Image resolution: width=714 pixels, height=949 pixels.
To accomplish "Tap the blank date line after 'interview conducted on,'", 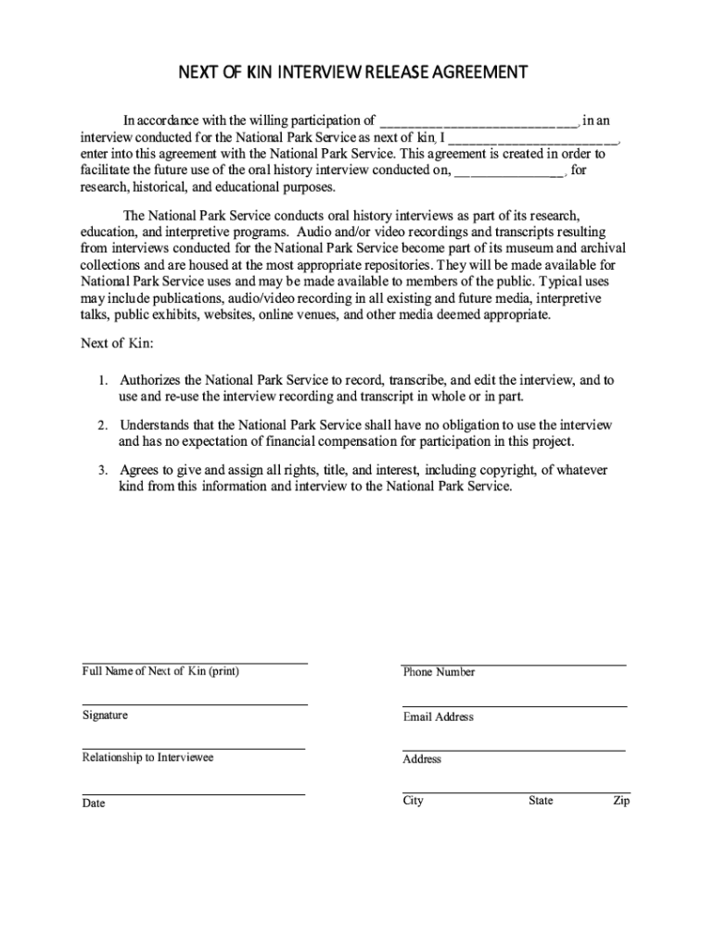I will pyautogui.click(x=509, y=172).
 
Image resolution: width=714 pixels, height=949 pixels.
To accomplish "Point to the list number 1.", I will pyautogui.click(x=104, y=381).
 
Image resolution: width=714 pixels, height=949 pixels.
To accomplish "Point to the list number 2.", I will pyautogui.click(x=104, y=425).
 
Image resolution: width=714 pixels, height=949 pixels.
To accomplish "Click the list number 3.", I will pyautogui.click(x=104, y=470).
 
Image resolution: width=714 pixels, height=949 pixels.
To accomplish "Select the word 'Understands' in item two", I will pyautogui.click(x=156, y=425).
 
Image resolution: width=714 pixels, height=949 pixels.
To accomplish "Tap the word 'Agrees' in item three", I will pyautogui.click(x=139, y=470).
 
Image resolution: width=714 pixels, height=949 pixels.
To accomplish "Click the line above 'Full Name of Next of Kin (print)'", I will pyautogui.click(x=194, y=664).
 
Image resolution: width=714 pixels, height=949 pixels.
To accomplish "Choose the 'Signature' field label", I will pyautogui.click(x=105, y=715).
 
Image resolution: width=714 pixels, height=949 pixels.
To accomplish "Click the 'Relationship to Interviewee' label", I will pyautogui.click(x=147, y=758).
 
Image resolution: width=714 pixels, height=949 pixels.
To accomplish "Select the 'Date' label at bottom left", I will pyautogui.click(x=94, y=803).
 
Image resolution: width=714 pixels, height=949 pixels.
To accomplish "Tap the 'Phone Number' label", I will pyautogui.click(x=439, y=672).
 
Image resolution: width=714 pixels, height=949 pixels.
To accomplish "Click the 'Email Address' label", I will pyautogui.click(x=438, y=716).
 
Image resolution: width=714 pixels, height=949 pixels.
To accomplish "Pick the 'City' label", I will pyautogui.click(x=413, y=801).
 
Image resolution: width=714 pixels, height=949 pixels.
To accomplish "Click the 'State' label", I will pyautogui.click(x=541, y=801).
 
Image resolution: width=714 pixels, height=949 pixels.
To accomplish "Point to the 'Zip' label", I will pyautogui.click(x=620, y=801).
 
